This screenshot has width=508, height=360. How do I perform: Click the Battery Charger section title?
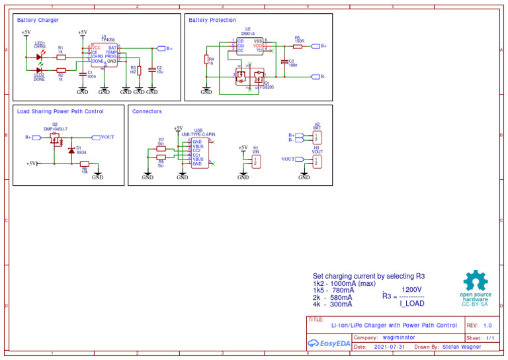click(x=38, y=21)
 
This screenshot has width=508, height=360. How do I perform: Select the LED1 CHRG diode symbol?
click(x=39, y=57)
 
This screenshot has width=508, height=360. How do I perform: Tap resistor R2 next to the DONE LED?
click(x=62, y=70)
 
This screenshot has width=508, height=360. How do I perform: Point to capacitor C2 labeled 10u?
click(x=152, y=69)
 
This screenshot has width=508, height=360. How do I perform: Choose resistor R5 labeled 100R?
click(x=298, y=46)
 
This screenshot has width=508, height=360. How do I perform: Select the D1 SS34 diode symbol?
click(x=71, y=150)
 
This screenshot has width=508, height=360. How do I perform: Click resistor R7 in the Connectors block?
click(x=161, y=149)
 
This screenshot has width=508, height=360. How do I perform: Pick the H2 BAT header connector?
click(x=317, y=137)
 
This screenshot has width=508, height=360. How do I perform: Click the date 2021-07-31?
click(x=390, y=347)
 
